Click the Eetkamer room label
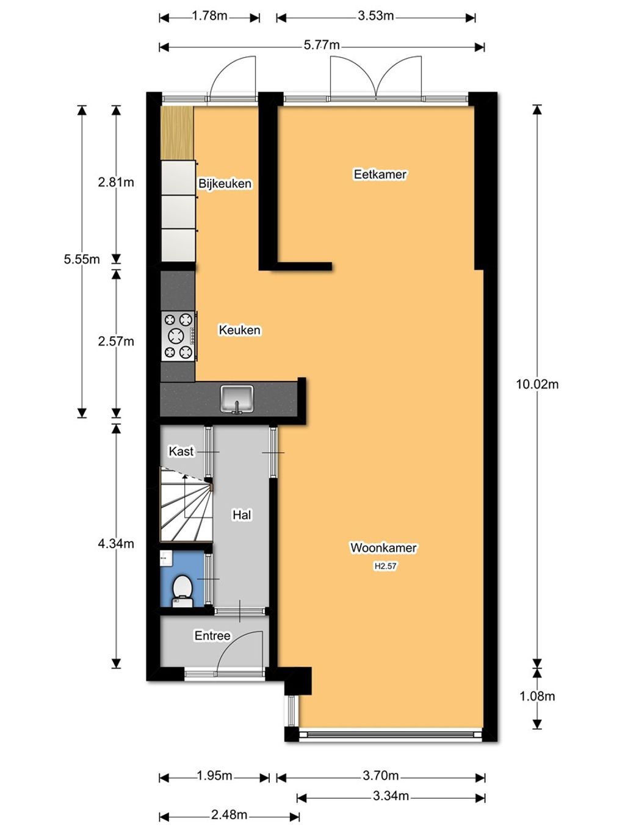[380, 175]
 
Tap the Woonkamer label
[383, 547]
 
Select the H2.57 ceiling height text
[385, 566]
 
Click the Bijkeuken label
[225, 184]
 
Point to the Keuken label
[239, 330]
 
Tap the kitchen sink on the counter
[237, 398]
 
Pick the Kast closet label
[181, 452]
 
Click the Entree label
[212, 636]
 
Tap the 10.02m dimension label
[537, 384]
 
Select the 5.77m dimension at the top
[322, 45]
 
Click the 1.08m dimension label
[537, 696]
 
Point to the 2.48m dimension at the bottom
[229, 815]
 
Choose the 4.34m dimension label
[116, 544]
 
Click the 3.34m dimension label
[390, 796]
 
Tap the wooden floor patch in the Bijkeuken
[177, 133]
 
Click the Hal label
[242, 515]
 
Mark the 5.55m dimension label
[82, 259]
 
